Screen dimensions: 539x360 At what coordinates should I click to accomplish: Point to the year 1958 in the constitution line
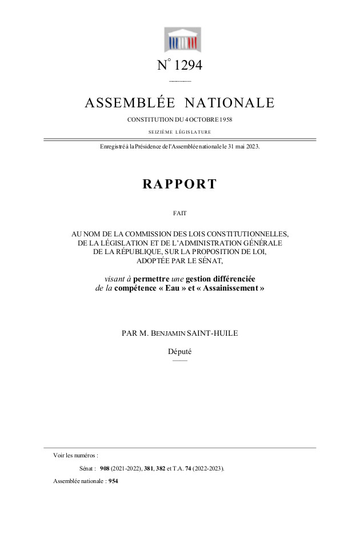(x=225, y=120)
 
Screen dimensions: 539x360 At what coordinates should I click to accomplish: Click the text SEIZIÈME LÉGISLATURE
(x=179, y=132)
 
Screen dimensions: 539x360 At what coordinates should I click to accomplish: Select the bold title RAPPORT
(x=179, y=184)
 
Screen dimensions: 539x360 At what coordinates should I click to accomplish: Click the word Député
(x=179, y=352)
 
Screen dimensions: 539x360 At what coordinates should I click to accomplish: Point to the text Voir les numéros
(x=75, y=455)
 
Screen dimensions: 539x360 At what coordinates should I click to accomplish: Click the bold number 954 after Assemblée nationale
(x=113, y=481)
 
